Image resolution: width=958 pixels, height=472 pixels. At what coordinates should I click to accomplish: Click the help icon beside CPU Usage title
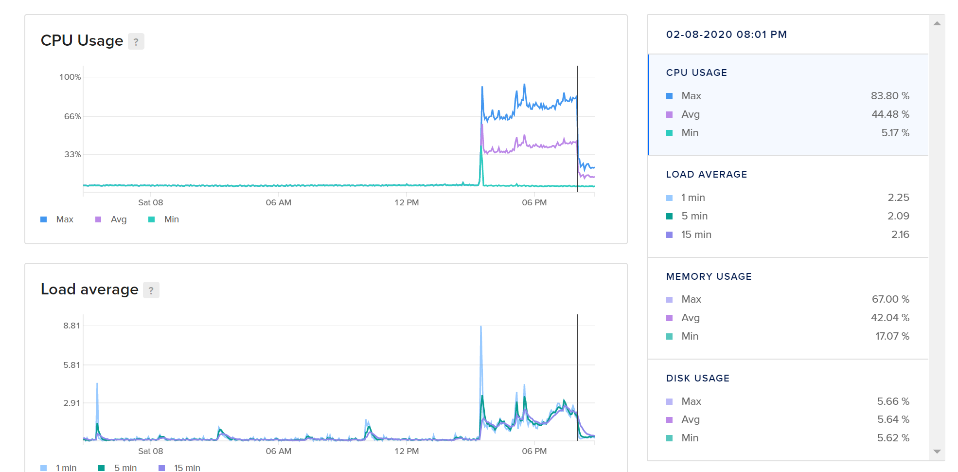(136, 42)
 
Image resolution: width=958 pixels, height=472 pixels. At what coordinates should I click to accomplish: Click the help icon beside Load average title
(151, 290)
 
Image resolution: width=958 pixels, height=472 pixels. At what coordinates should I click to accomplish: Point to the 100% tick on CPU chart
(70, 77)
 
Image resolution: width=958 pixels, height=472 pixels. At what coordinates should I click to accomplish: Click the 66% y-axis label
(72, 116)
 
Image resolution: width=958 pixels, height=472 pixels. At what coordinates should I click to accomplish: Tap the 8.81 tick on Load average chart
(71, 326)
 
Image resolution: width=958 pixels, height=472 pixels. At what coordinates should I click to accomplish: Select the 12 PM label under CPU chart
(407, 202)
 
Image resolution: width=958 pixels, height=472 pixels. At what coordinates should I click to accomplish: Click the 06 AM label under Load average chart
(278, 451)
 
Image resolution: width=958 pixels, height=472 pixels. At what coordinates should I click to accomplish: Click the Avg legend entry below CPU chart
(118, 219)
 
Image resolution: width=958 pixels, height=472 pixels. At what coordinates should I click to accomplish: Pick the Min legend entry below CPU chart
(171, 219)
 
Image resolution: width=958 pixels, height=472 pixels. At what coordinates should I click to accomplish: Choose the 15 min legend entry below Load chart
(187, 468)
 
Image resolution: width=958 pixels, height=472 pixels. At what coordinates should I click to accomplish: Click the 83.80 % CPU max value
(889, 96)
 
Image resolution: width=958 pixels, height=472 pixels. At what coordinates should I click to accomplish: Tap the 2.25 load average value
(898, 198)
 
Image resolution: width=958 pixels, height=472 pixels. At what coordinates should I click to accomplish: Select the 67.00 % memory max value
(890, 299)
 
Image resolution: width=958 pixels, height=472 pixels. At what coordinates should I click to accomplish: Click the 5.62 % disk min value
(893, 438)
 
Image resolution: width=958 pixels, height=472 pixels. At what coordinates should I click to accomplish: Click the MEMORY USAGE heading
(709, 276)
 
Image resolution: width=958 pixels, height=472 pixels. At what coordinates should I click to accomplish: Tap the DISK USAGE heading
(697, 378)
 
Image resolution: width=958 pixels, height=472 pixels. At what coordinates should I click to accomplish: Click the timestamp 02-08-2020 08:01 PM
(726, 35)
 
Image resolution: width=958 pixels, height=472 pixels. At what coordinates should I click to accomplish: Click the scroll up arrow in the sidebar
(937, 23)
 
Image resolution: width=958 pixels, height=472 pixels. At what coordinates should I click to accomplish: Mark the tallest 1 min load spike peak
(481, 327)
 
